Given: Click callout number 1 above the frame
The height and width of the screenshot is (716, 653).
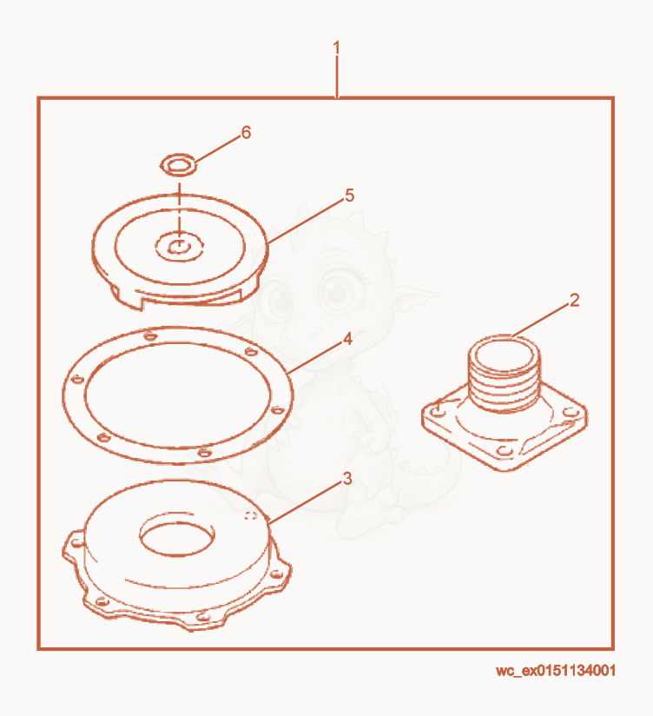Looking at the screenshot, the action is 337,48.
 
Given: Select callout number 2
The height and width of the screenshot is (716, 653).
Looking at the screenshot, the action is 575,300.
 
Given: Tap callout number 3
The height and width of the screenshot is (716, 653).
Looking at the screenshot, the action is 347,479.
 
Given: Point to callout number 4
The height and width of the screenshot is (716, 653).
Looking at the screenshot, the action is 347,339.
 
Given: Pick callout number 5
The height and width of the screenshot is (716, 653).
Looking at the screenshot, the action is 350,196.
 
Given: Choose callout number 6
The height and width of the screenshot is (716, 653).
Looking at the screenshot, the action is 246,132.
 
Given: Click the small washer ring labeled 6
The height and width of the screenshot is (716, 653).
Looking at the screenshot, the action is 179,165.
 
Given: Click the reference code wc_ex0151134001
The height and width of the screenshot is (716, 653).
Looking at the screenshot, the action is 556,670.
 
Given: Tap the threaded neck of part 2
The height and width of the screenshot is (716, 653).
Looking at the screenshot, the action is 505,375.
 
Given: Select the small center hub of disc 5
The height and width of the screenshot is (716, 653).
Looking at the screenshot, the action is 179,247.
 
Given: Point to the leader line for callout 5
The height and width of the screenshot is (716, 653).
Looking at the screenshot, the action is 306,221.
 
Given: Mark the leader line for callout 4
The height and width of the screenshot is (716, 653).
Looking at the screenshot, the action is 316,358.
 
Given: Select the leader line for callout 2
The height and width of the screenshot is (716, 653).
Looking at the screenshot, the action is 541,321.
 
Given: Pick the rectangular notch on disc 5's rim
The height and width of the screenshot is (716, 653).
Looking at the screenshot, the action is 191,298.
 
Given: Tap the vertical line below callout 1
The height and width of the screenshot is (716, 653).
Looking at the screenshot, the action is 337,76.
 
